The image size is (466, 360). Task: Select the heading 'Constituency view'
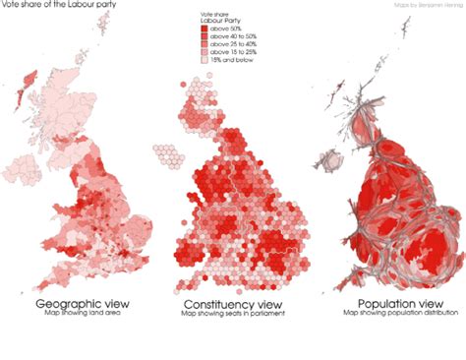[232, 305]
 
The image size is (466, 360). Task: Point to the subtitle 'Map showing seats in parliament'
[232, 315]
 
